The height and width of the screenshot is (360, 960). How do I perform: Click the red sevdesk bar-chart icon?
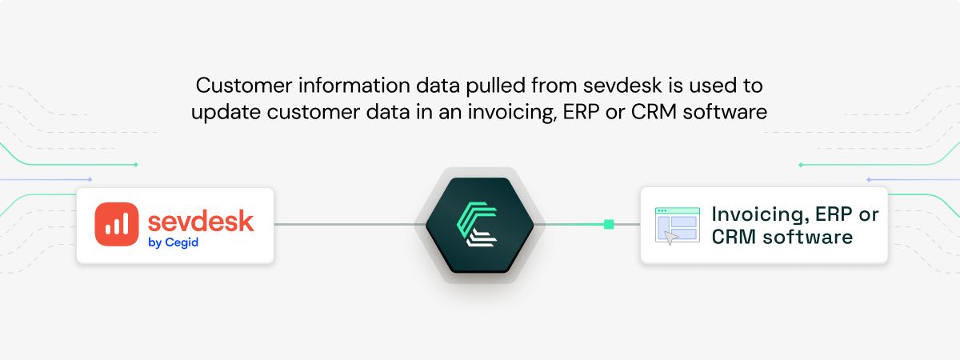click(116, 224)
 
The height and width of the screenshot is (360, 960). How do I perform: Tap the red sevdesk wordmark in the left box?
click(201, 220)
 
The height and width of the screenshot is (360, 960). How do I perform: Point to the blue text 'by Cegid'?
click(173, 243)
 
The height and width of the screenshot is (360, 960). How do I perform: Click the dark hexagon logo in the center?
click(479, 225)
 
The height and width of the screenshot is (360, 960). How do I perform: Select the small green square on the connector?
click(609, 225)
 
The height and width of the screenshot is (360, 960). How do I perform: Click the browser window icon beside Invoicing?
click(676, 226)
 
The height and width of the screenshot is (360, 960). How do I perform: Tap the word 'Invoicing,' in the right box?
click(757, 214)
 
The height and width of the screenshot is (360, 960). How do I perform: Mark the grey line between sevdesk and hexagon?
click(344, 225)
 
